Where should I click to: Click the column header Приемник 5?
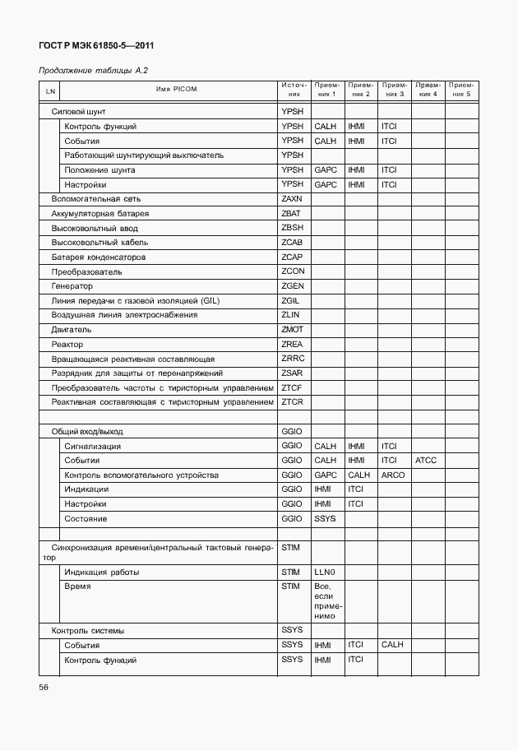click(x=462, y=90)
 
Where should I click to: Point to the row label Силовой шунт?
click(x=78, y=111)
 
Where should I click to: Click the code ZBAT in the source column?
click(x=292, y=213)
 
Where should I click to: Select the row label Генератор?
click(x=72, y=285)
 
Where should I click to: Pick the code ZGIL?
click(x=291, y=300)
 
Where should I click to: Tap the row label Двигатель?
click(x=71, y=329)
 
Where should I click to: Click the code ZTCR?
click(x=292, y=401)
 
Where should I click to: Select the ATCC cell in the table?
click(x=426, y=461)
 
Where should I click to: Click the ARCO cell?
click(x=392, y=475)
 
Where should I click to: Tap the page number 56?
click(x=44, y=687)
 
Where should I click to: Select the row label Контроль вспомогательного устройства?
click(x=141, y=475)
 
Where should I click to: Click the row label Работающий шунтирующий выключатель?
click(x=144, y=155)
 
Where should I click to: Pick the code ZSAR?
click(x=292, y=373)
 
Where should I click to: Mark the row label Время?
click(x=77, y=586)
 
